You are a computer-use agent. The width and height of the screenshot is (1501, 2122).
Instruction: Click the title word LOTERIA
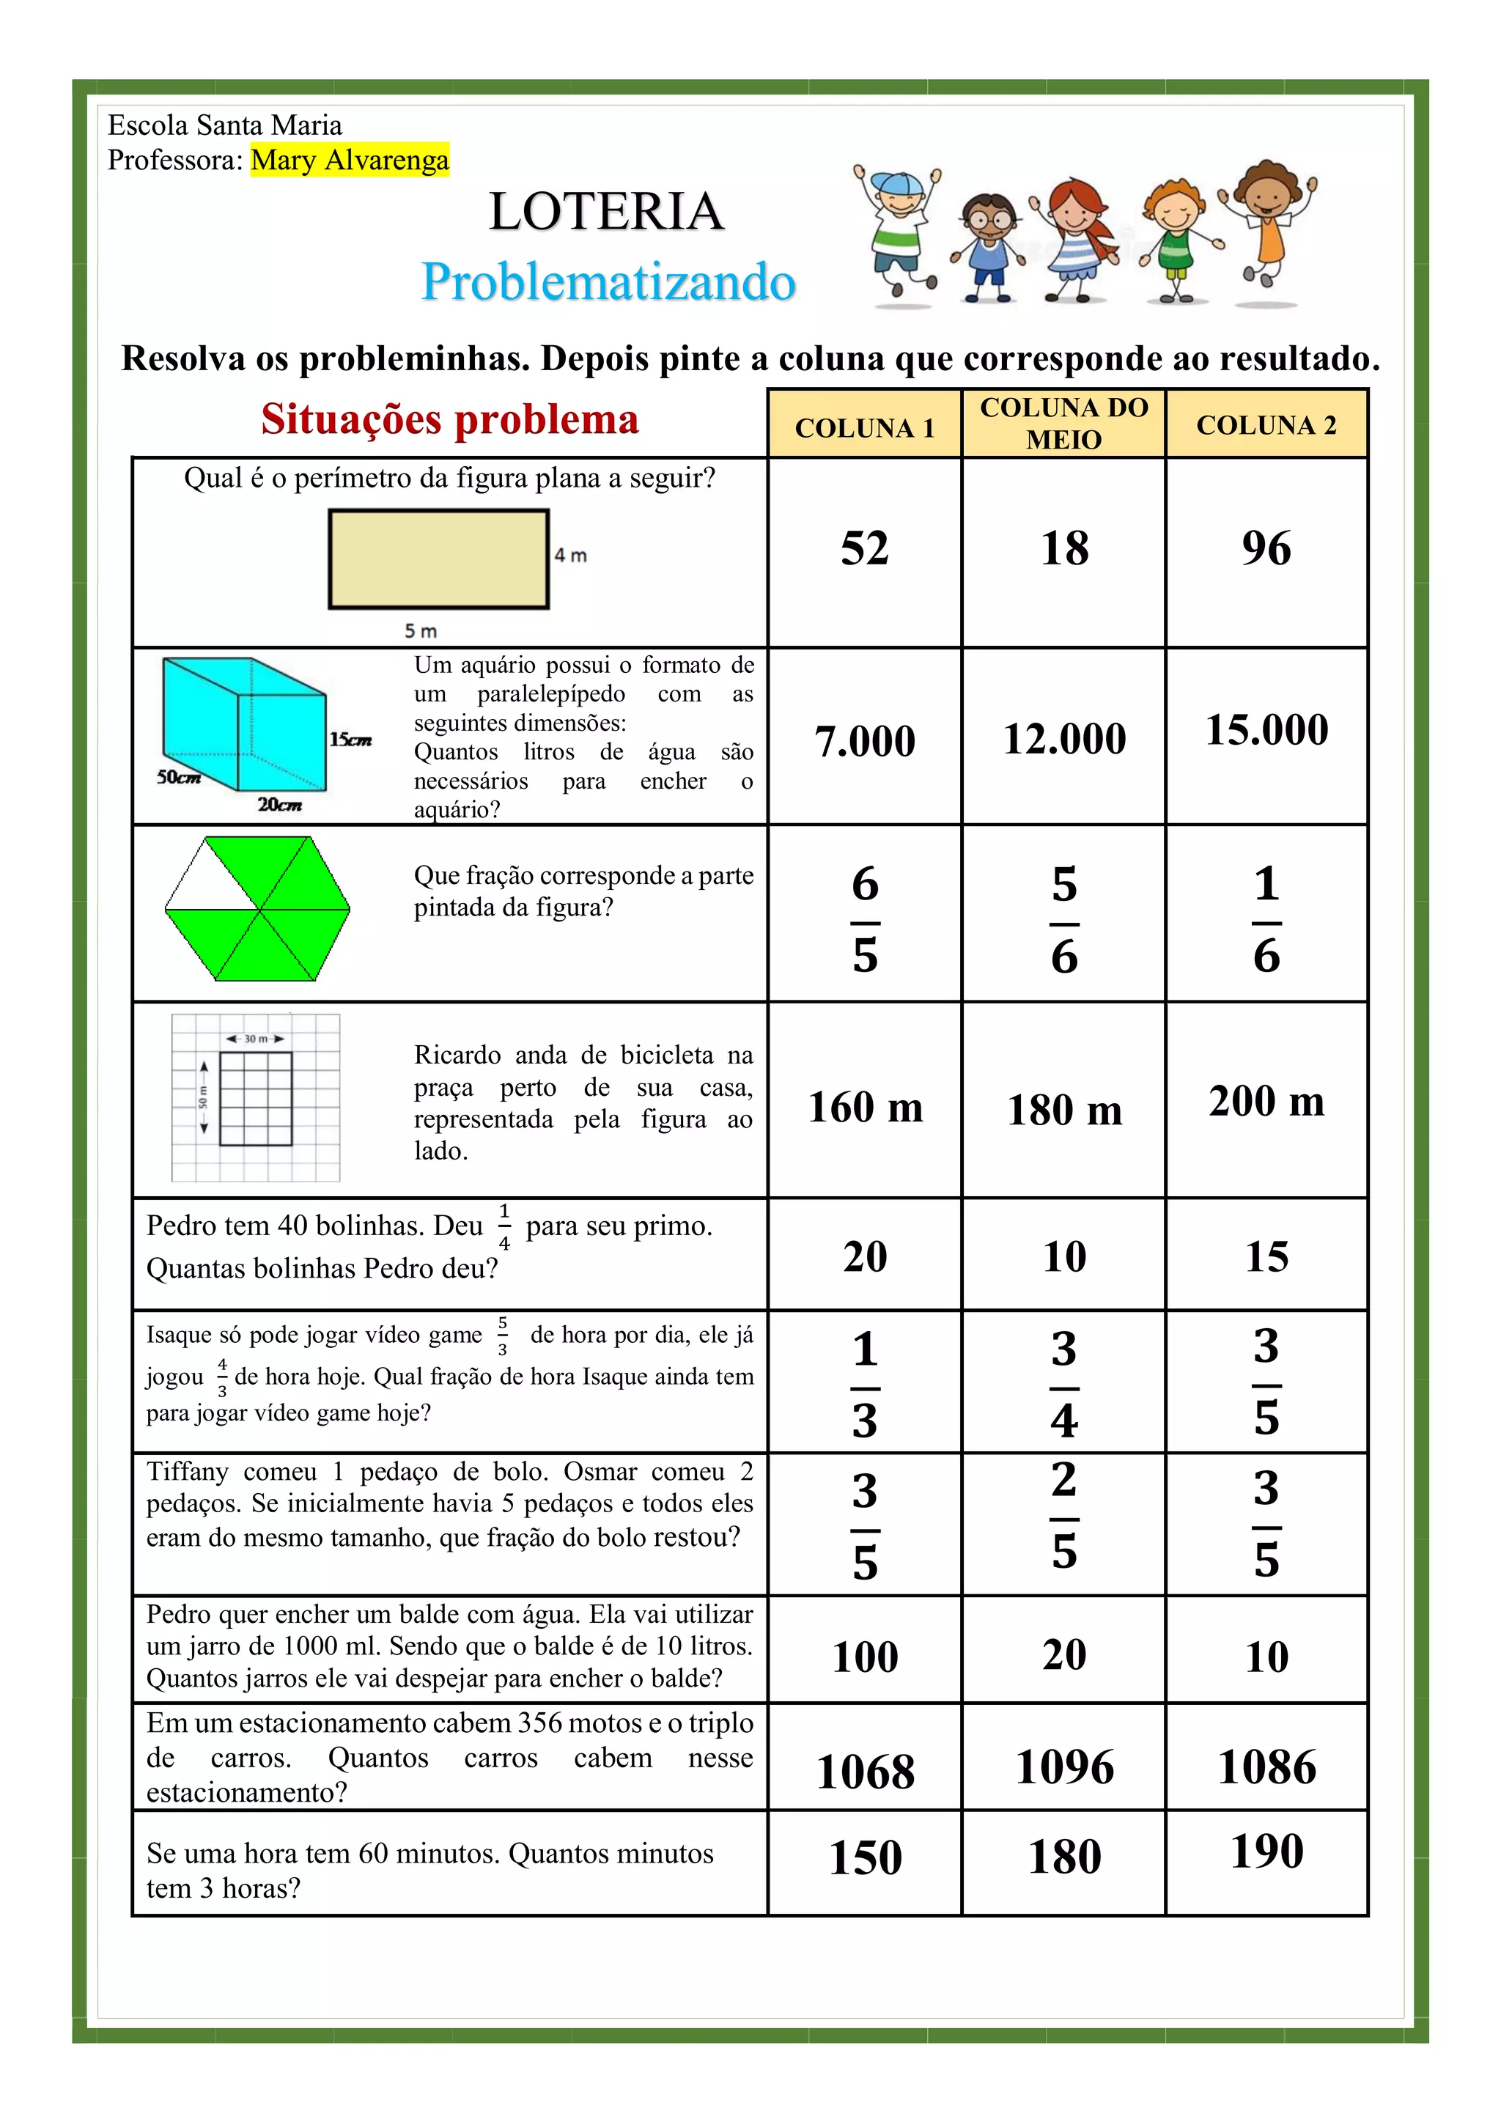pyautogui.click(x=606, y=212)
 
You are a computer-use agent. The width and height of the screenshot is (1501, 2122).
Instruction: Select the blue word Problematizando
pyautogui.click(x=608, y=282)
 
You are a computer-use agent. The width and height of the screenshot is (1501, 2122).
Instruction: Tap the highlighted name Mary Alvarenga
pyautogui.click(x=350, y=160)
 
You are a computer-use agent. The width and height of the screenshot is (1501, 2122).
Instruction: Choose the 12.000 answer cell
pyautogui.click(x=1064, y=738)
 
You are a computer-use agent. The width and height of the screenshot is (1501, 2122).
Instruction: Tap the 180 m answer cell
pyautogui.click(x=1064, y=1110)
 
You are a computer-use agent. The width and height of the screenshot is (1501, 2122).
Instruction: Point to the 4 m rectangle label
pyautogui.click(x=570, y=556)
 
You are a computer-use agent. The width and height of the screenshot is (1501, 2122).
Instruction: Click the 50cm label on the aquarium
pyautogui.click(x=178, y=777)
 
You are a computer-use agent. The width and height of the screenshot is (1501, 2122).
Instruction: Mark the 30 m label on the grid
pyautogui.click(x=255, y=1039)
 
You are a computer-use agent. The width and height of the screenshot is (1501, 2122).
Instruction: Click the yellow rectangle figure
pyautogui.click(x=439, y=559)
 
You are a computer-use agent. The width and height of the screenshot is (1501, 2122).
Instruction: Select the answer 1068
pyautogui.click(x=865, y=1772)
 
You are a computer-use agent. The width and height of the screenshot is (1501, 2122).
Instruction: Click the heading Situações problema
pyautogui.click(x=449, y=419)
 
